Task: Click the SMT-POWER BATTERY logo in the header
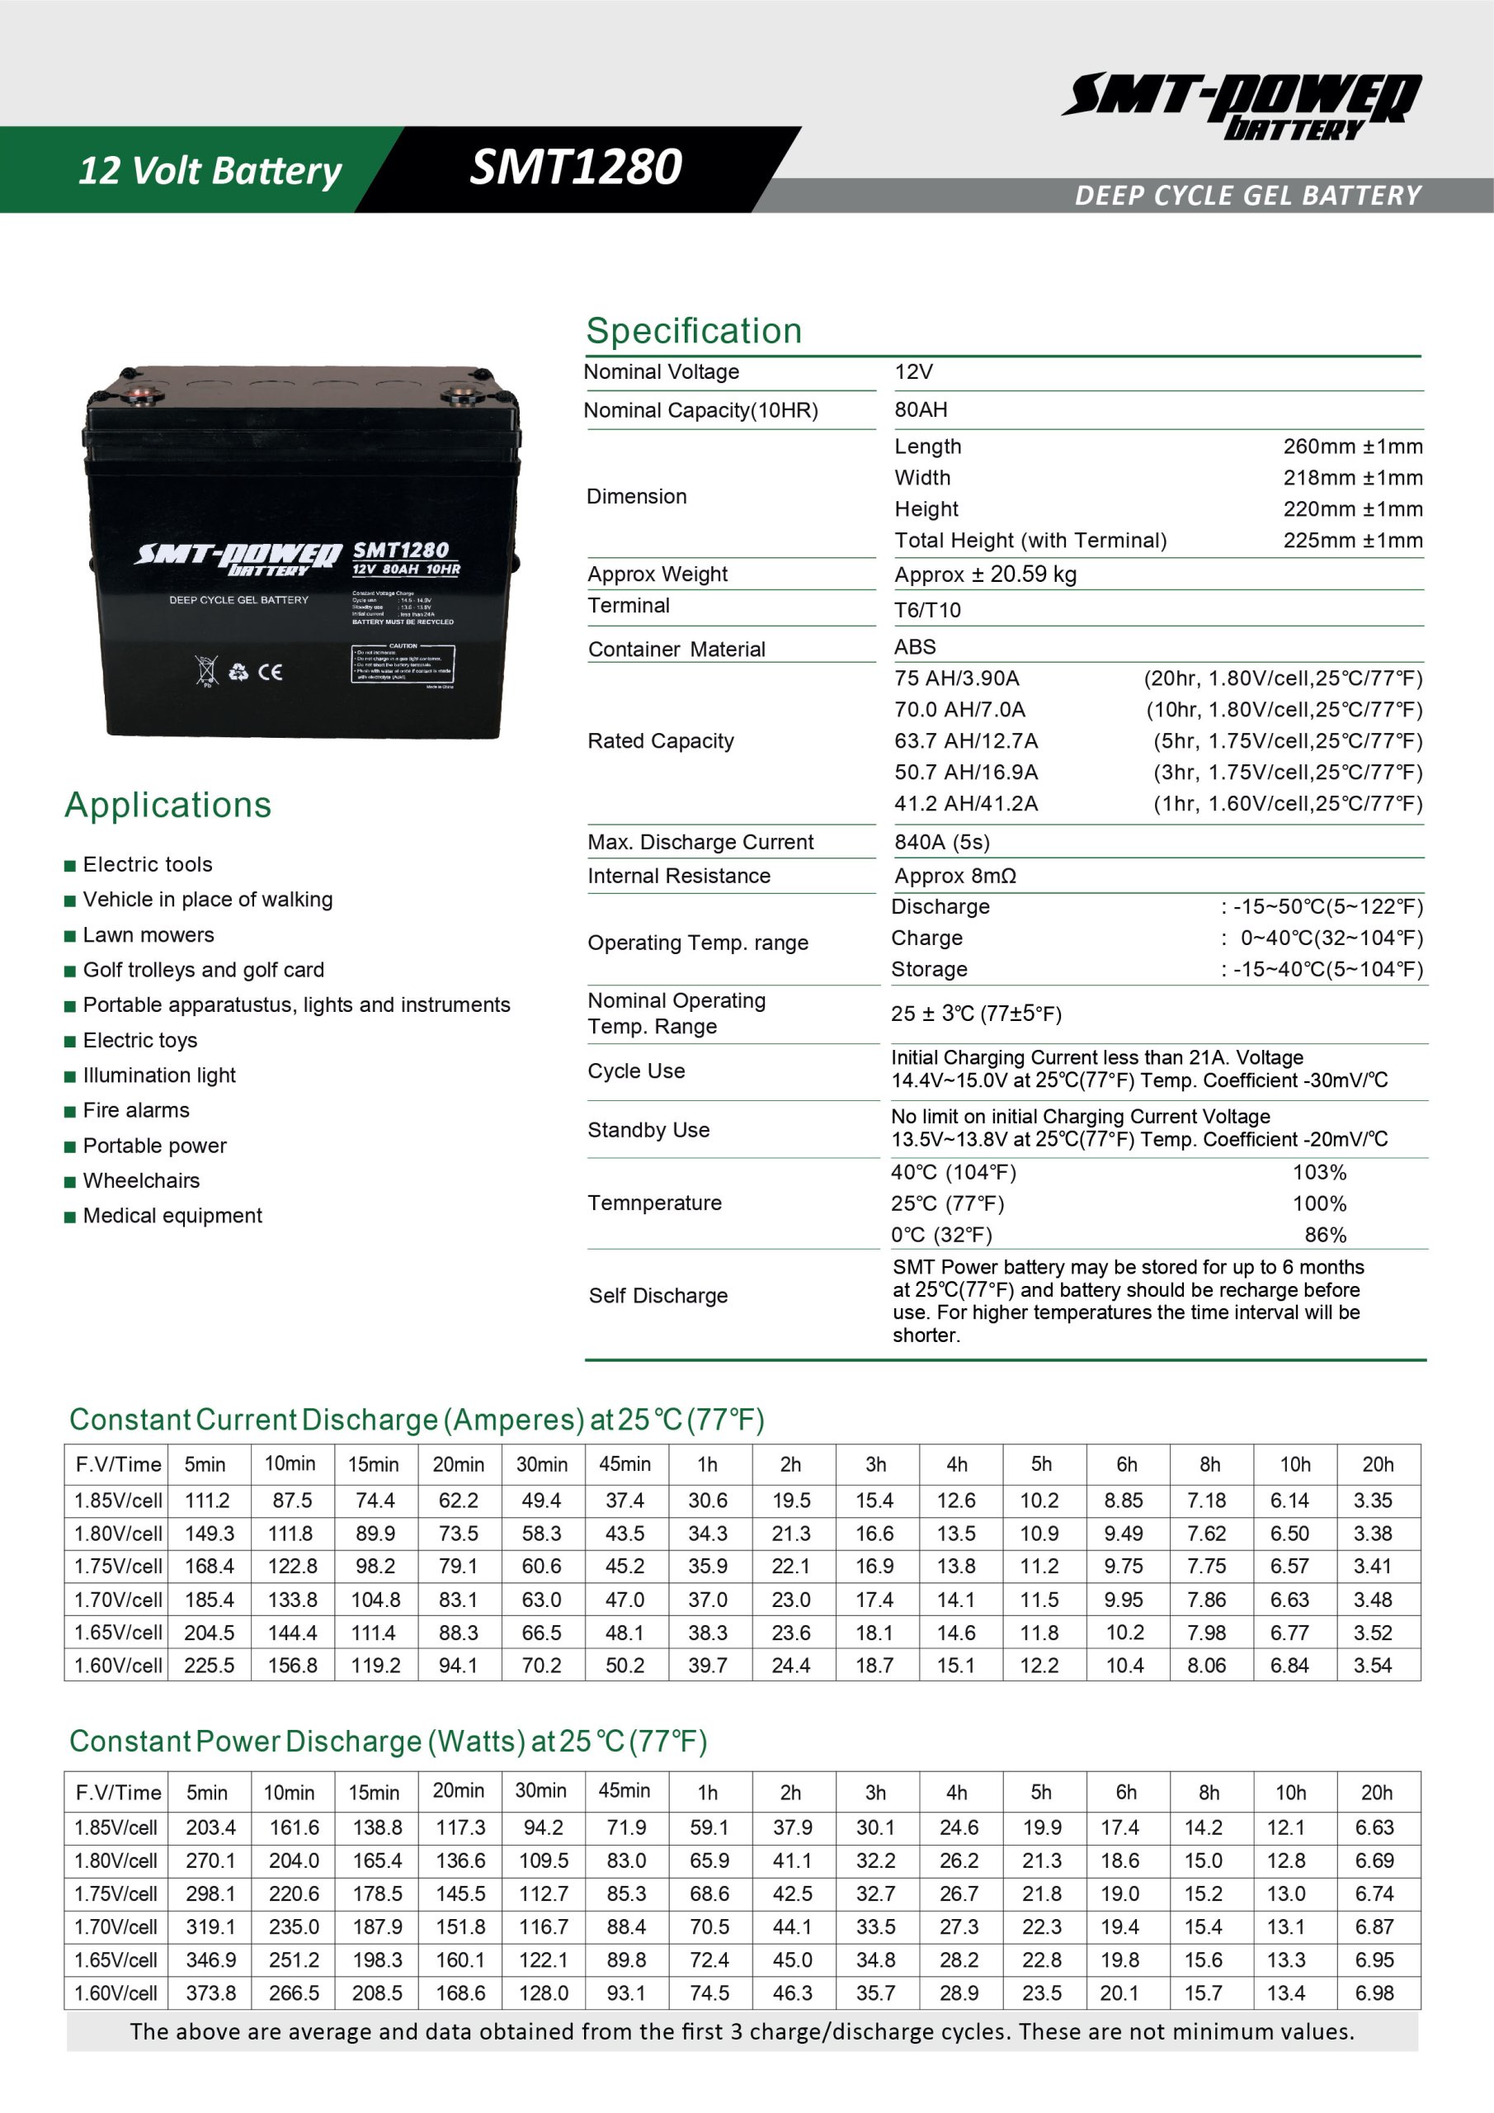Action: (1242, 105)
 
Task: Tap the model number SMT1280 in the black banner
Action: (576, 168)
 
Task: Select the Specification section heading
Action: (694, 331)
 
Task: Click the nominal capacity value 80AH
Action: (921, 409)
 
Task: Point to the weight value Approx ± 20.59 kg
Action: (985, 574)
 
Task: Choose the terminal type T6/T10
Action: (927, 609)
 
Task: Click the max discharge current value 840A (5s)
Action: (942, 842)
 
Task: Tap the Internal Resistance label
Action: (679, 876)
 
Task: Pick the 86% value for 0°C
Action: (1325, 1235)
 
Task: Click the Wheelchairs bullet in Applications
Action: (141, 1181)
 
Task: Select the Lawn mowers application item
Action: (148, 935)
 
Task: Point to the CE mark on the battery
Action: (271, 672)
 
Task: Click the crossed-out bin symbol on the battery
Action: (207, 671)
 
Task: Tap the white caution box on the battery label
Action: (403, 664)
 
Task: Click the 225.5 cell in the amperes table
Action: (209, 1666)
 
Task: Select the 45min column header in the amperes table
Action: (624, 1464)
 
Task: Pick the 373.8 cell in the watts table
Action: (210, 1993)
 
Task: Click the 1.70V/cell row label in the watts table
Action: (116, 1927)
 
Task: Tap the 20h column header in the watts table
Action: (1376, 1793)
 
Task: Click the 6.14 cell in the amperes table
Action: (1289, 1501)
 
